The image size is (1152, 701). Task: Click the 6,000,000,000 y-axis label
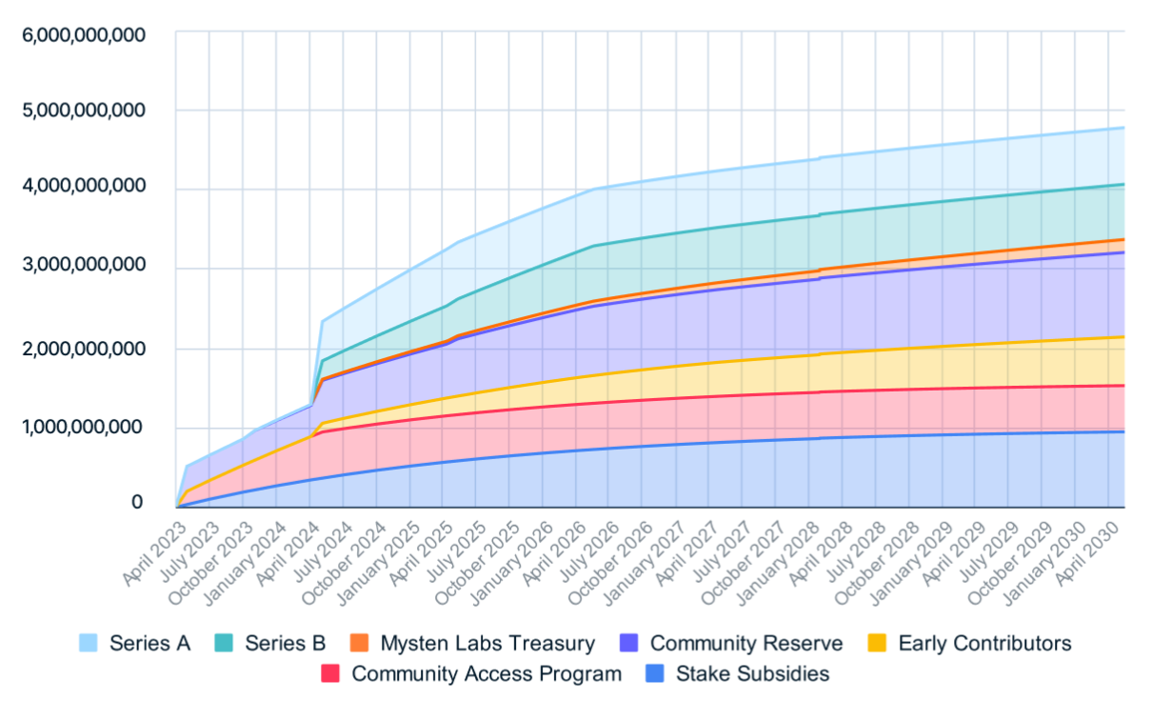coord(84,35)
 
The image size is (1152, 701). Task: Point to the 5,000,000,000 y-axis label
coord(84,110)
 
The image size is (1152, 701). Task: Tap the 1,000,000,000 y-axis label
coord(84,426)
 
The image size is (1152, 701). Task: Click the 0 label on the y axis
coord(137,502)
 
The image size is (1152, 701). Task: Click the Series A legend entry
coord(149,643)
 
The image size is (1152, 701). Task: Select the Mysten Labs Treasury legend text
coord(487,643)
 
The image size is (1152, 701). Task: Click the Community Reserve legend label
coord(746,643)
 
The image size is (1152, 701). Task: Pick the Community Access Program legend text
coord(487,673)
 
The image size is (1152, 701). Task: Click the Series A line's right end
coord(1123,128)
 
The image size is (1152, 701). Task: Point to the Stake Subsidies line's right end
coord(1123,431)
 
